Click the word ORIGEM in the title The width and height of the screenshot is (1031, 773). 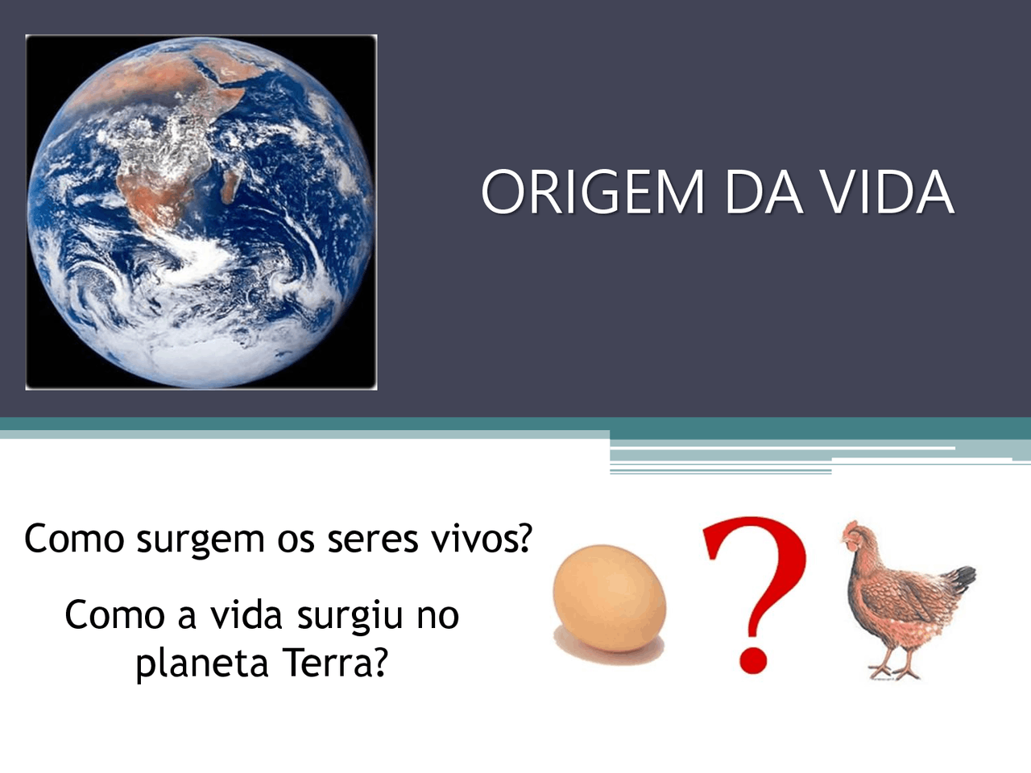tap(593, 192)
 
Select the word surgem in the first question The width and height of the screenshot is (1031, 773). tap(200, 539)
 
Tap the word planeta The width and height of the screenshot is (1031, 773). tap(201, 663)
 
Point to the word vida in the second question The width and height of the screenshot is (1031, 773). tap(246, 615)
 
